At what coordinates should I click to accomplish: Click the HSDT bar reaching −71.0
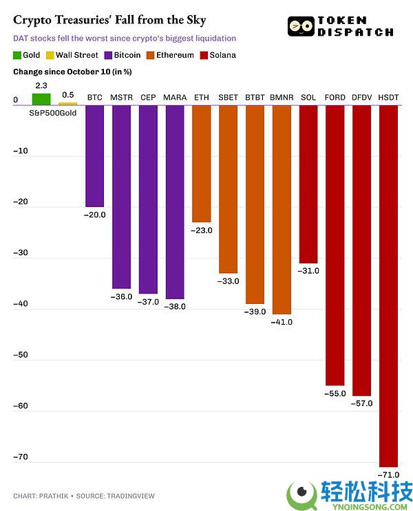click(x=388, y=285)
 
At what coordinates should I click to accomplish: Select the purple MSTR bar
click(x=121, y=197)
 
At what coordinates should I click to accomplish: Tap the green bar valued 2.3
click(x=41, y=99)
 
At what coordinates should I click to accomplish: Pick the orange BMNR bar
click(x=281, y=210)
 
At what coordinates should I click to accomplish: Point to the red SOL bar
click(x=308, y=184)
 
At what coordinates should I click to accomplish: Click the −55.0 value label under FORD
click(x=335, y=393)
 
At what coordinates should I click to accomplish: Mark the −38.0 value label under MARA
click(x=174, y=307)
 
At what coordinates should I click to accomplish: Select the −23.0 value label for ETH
click(x=201, y=230)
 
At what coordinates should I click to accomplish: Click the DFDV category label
click(x=362, y=98)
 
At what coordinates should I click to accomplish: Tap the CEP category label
click(x=148, y=98)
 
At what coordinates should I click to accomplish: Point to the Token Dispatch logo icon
click(x=301, y=27)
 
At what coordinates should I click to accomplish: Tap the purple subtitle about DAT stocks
click(x=125, y=39)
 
